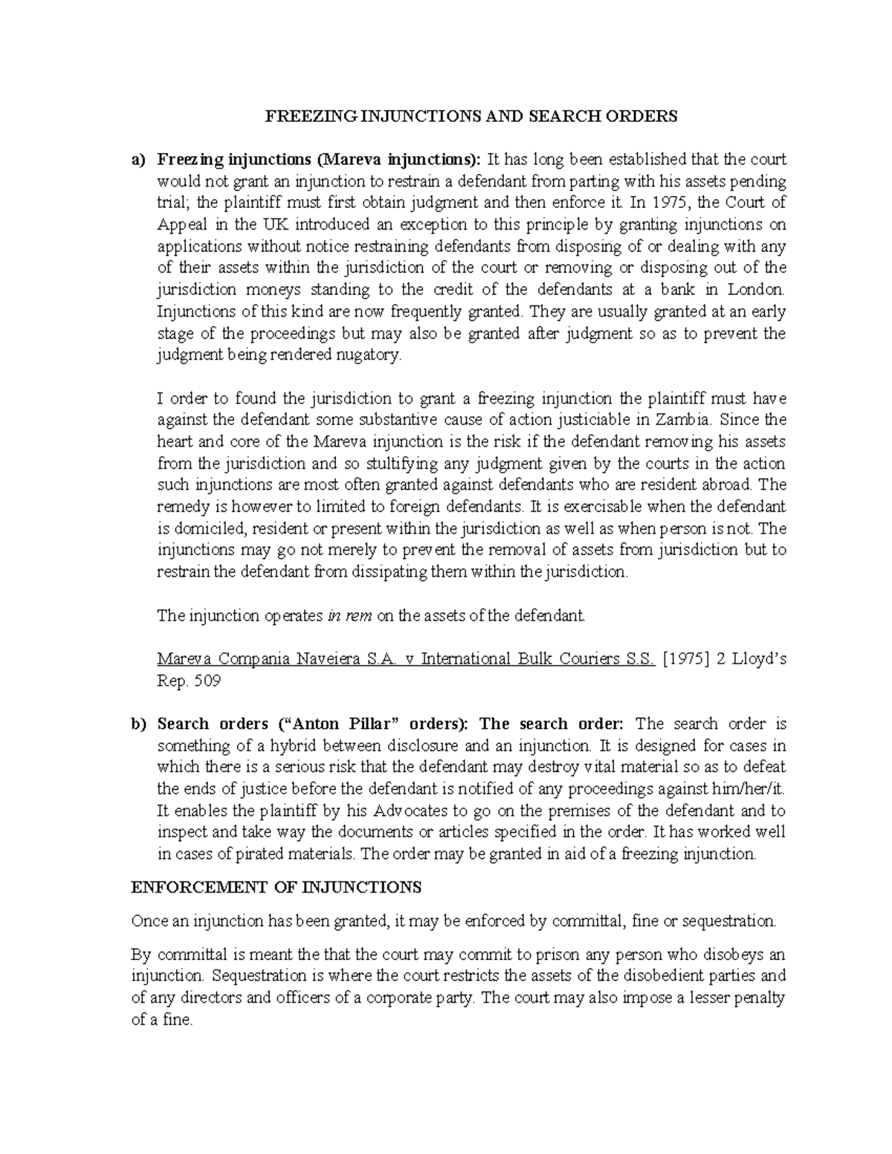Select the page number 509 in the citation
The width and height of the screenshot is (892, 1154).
[x=206, y=681]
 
